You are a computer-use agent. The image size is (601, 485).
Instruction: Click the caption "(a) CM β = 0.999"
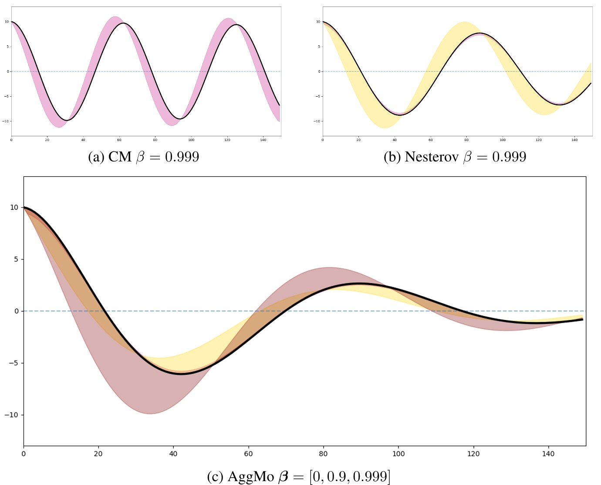[143, 157]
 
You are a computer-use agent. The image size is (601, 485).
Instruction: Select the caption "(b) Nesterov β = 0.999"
[455, 157]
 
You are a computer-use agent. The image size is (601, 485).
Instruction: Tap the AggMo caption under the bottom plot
[298, 476]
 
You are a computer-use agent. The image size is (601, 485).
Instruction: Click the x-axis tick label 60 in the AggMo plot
[248, 454]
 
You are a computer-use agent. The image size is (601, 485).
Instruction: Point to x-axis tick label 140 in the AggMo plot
[548, 454]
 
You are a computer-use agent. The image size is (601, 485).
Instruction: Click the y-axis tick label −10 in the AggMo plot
[12, 415]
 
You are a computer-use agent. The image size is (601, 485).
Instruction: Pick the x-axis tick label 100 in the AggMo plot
[398, 454]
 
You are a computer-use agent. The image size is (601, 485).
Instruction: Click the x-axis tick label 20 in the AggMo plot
[98, 454]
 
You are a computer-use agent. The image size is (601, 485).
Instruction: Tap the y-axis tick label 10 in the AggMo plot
[14, 208]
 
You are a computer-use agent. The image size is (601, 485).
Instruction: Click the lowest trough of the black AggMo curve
[181, 374]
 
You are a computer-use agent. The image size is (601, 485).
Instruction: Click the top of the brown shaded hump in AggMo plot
[329, 268]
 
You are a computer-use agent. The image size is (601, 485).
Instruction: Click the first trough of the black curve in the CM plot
[68, 120]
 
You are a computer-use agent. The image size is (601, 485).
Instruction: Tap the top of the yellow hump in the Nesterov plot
[465, 22]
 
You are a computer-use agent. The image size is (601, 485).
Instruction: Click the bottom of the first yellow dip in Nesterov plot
[385, 128]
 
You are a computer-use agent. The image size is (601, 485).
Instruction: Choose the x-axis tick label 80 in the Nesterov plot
[466, 140]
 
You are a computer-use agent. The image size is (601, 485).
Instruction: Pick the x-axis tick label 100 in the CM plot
[191, 140]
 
